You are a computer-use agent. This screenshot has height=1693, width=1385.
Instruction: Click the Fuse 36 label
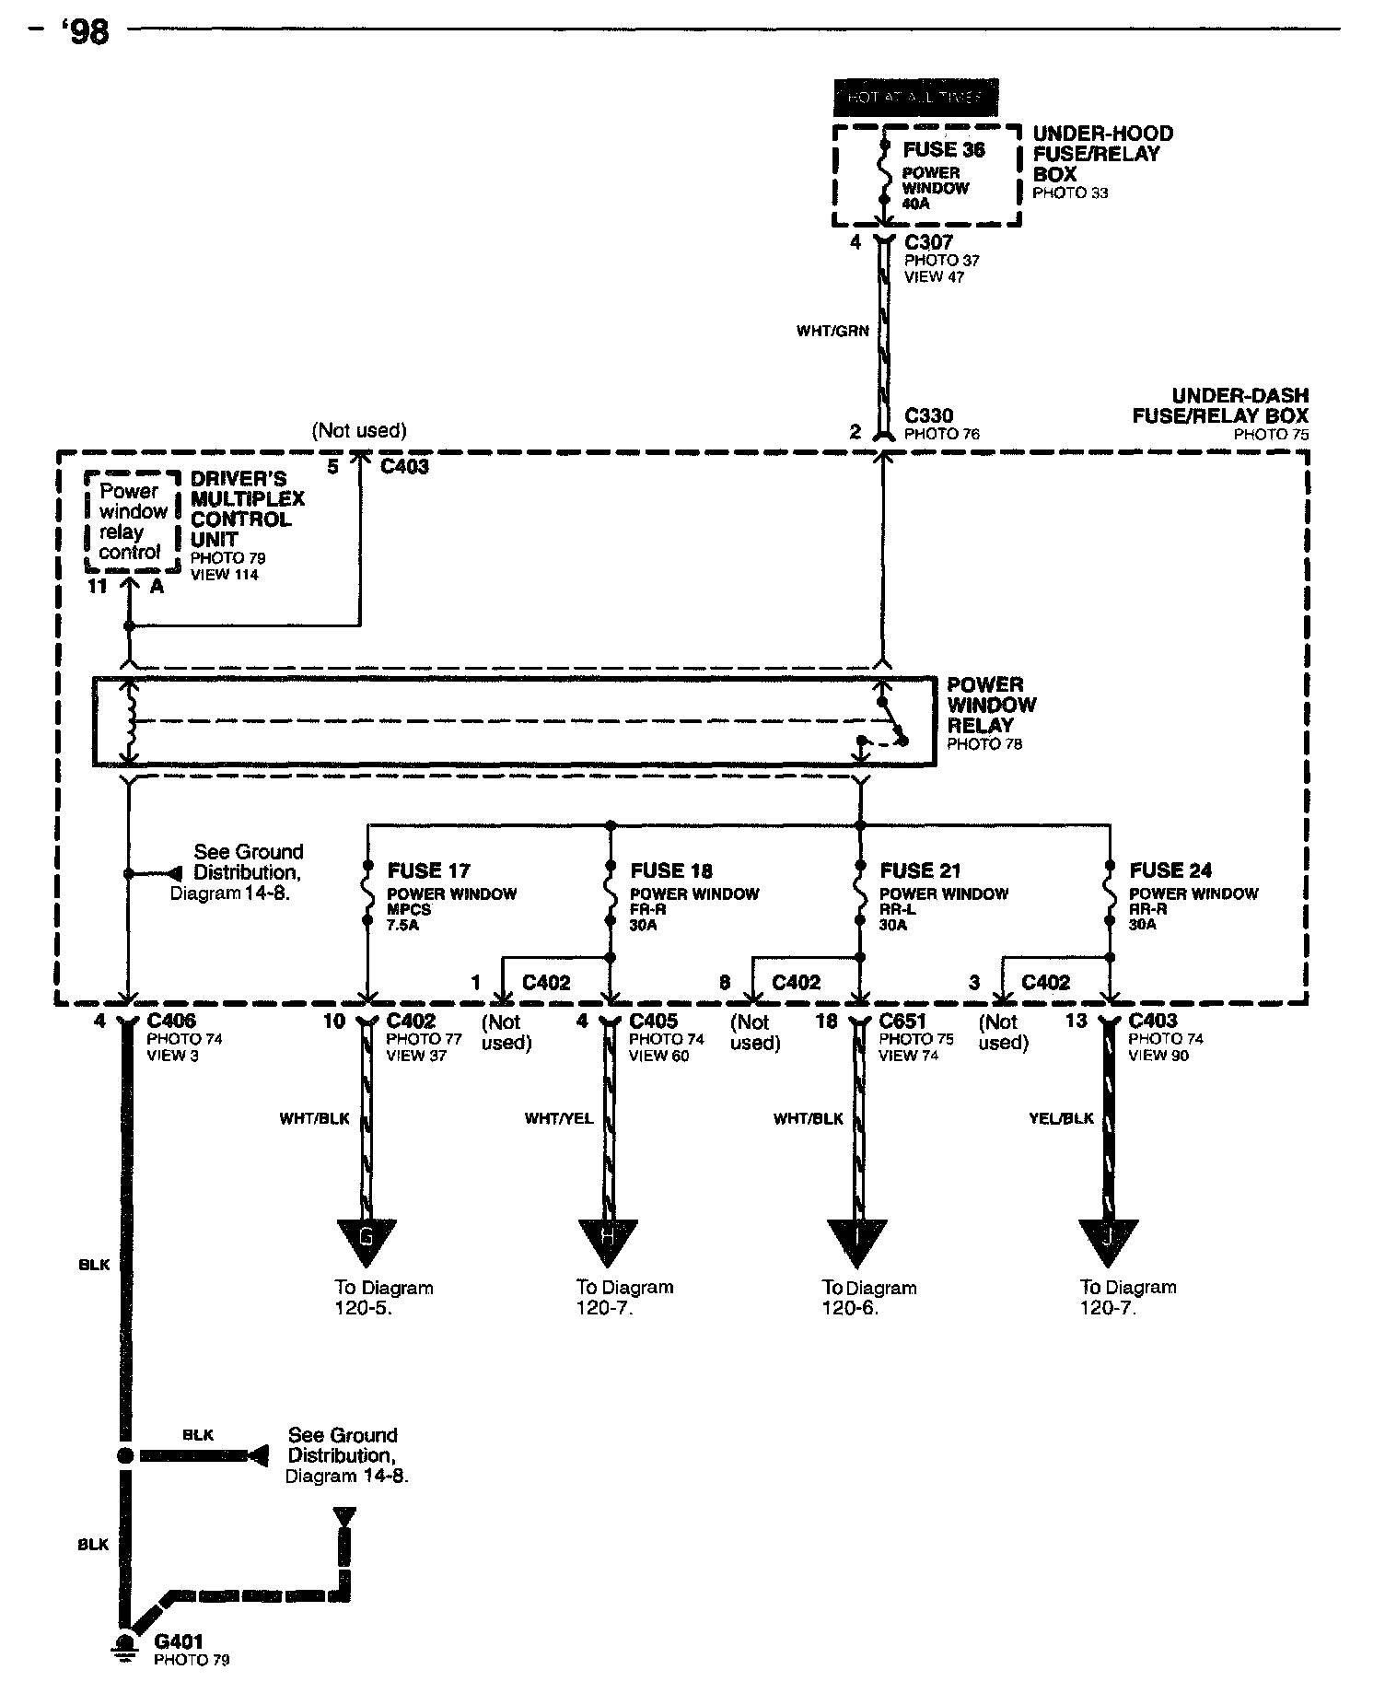pyautogui.click(x=943, y=150)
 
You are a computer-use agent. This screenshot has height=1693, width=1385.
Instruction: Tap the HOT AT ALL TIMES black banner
pyautogui.click(x=915, y=98)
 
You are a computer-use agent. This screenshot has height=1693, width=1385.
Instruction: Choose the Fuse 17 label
pyautogui.click(x=428, y=870)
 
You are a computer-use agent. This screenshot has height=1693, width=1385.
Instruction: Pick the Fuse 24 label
pyautogui.click(x=1170, y=870)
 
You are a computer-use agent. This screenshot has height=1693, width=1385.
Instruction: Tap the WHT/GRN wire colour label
pyautogui.click(x=832, y=331)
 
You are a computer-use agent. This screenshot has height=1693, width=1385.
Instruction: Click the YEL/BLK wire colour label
pyautogui.click(x=1061, y=1118)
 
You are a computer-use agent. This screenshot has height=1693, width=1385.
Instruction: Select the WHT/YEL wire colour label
pyautogui.click(x=559, y=1118)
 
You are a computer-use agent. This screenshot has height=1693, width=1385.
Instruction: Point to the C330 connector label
pyautogui.click(x=928, y=416)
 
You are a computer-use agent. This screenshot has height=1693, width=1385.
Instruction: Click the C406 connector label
pyautogui.click(x=171, y=1021)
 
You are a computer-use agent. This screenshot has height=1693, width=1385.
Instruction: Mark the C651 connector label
pyautogui.click(x=903, y=1021)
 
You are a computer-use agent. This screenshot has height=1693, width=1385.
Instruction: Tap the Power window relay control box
pyautogui.click(x=130, y=521)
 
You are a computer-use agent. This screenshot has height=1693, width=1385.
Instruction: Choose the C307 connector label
pyautogui.click(x=928, y=242)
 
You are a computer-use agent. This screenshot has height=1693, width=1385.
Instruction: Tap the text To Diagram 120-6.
pyautogui.click(x=868, y=1297)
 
